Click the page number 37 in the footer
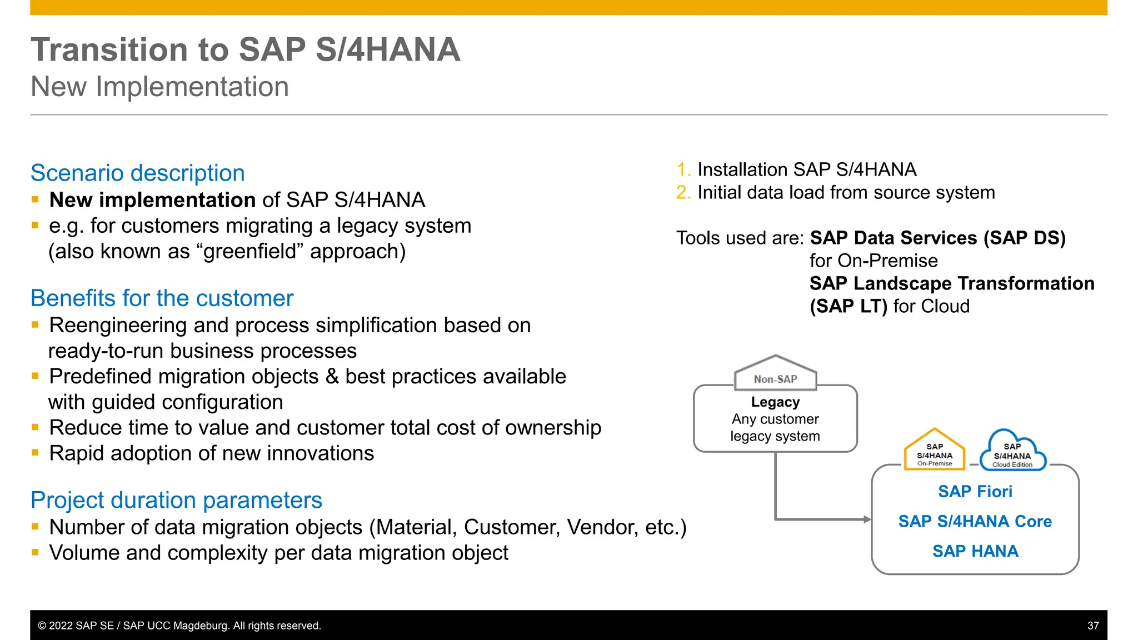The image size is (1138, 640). pyautogui.click(x=1092, y=626)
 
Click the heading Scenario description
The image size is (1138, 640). pyautogui.click(x=137, y=173)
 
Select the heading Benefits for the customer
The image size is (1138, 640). pyautogui.click(x=162, y=298)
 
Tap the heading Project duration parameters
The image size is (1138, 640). pyautogui.click(x=176, y=500)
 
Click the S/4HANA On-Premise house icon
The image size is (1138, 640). pyautogui.click(x=934, y=450)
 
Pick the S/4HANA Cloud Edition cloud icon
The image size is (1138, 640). pyautogui.click(x=1012, y=451)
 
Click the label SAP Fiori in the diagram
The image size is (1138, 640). pyautogui.click(x=975, y=492)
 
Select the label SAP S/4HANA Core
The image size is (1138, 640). pyautogui.click(x=975, y=522)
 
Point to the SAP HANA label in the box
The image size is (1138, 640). pyautogui.click(x=975, y=551)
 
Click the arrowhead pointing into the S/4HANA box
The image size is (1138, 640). pyautogui.click(x=867, y=519)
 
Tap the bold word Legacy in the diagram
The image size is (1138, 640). pyautogui.click(x=775, y=402)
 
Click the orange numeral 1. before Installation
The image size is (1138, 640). pyautogui.click(x=683, y=169)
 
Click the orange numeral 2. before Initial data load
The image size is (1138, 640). pyautogui.click(x=683, y=192)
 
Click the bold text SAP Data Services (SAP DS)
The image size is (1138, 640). pyautogui.click(x=937, y=238)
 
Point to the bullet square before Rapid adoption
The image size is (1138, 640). pyautogui.click(x=35, y=453)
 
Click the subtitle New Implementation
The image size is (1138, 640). pyautogui.click(x=159, y=87)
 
